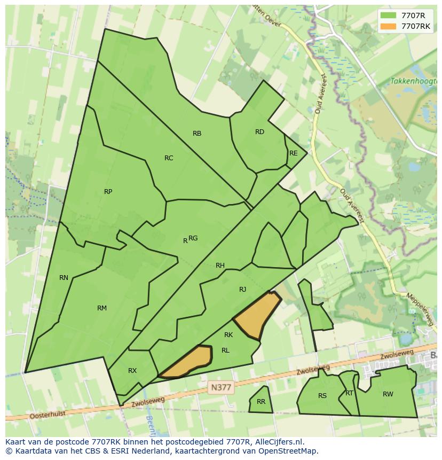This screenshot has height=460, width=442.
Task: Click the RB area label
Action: point(197,134)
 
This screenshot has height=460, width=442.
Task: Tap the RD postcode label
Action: point(259,132)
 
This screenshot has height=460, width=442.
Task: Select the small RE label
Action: point(293,153)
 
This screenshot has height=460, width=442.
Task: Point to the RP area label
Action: point(108,192)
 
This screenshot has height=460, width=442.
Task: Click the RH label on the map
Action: point(220,266)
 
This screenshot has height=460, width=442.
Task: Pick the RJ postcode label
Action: point(242,290)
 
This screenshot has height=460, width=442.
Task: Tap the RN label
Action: point(64,278)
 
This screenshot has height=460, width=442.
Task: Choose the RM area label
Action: point(102,308)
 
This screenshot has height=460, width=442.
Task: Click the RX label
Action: point(132,371)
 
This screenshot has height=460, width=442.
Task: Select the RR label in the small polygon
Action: point(261,402)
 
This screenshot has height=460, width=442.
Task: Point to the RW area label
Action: point(388,394)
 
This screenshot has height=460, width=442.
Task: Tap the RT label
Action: point(349,393)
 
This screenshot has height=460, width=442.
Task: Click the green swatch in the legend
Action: point(388,15)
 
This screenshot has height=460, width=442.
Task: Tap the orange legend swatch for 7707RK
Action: point(388,26)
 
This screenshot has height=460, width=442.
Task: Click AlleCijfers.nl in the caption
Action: point(278,442)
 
